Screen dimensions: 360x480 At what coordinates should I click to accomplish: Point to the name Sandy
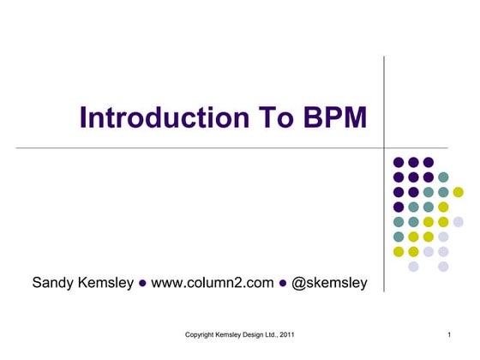click(x=53, y=281)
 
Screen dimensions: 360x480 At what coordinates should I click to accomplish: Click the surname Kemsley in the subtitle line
click(x=105, y=281)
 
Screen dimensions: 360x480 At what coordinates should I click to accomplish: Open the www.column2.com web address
click(x=212, y=281)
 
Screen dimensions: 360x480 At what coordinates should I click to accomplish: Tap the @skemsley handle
click(x=330, y=281)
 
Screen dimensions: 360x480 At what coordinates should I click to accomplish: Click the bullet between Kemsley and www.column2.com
click(x=142, y=282)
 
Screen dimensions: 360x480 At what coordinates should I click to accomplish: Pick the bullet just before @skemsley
click(x=283, y=282)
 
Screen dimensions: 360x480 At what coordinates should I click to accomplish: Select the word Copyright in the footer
click(x=203, y=333)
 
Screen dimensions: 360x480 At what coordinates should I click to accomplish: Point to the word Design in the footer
click(x=254, y=333)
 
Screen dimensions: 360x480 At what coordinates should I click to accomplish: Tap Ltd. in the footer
click(x=273, y=333)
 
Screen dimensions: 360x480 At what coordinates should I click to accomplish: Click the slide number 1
click(x=449, y=333)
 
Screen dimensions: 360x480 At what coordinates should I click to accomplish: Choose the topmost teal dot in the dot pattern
click(x=443, y=177)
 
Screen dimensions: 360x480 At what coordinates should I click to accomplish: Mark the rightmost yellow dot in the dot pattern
click(x=459, y=192)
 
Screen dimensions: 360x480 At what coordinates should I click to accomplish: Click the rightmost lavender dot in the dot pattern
click(x=459, y=222)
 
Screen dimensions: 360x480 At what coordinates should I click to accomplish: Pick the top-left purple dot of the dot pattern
click(x=399, y=162)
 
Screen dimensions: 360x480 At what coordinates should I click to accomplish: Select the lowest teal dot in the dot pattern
click(x=399, y=237)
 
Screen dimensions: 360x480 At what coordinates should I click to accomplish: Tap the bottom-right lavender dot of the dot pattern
click(x=443, y=267)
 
